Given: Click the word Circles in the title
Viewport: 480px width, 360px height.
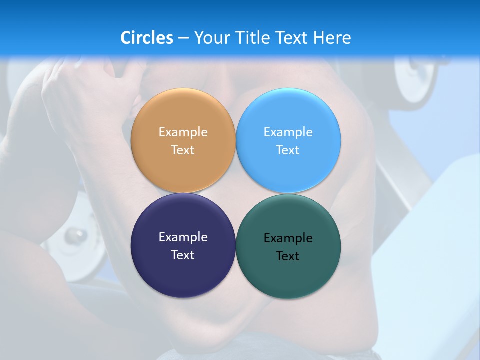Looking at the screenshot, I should point(146,38).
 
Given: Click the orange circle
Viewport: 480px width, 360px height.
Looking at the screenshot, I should point(183,115).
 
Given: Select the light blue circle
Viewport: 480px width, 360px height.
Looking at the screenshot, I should point(288,115).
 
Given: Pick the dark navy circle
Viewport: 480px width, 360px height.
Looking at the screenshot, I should point(183,272).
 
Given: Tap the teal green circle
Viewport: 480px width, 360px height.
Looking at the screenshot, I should point(288,275).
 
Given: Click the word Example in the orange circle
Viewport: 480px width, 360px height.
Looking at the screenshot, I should point(183,132).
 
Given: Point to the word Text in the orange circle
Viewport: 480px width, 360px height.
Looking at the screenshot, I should point(183,150).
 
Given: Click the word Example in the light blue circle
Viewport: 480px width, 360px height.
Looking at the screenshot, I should point(288,132).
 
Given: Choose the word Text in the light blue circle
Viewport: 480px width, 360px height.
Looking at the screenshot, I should point(288,150).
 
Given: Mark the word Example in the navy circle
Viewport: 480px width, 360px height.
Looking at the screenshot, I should point(183,237).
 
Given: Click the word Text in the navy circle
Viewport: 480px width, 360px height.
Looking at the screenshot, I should point(183,255).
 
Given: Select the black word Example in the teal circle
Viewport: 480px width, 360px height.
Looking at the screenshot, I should point(288,238).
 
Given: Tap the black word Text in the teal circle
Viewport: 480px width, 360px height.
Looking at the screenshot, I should point(288,256).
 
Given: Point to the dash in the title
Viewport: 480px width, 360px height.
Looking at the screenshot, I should point(183,38).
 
